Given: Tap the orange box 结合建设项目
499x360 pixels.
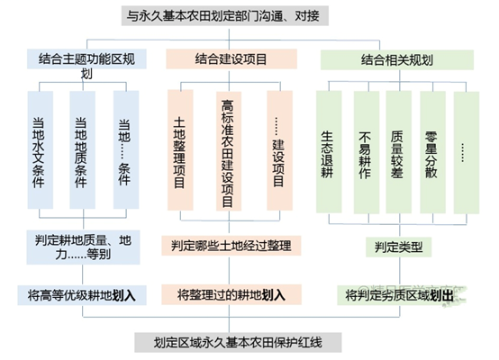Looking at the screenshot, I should point(231,58).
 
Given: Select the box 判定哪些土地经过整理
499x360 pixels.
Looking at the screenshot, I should point(231,245).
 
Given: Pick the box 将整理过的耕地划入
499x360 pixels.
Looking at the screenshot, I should point(231,294).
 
